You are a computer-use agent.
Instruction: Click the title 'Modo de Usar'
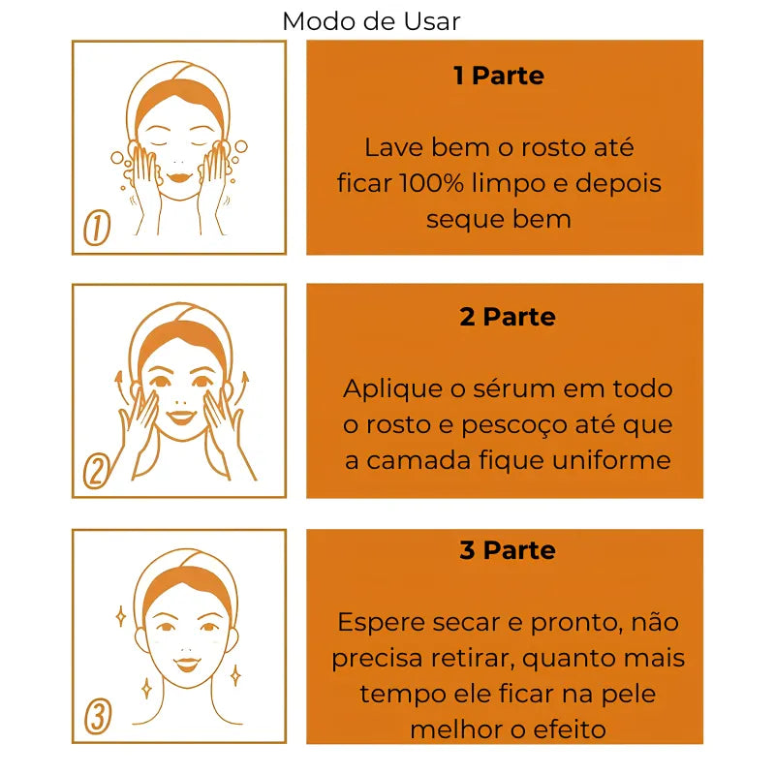pos(372,20)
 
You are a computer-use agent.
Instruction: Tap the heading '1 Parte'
pos(499,76)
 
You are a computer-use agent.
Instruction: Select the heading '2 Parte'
pos(507,317)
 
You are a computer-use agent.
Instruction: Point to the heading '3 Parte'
pos(507,550)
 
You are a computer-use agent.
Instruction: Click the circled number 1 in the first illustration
pos(97,229)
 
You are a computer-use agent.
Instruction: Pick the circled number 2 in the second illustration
pos(96,471)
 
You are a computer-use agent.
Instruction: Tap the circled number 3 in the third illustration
pos(98,717)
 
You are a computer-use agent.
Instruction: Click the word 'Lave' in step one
pos(388,147)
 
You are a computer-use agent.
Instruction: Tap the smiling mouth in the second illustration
pos(180,418)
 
